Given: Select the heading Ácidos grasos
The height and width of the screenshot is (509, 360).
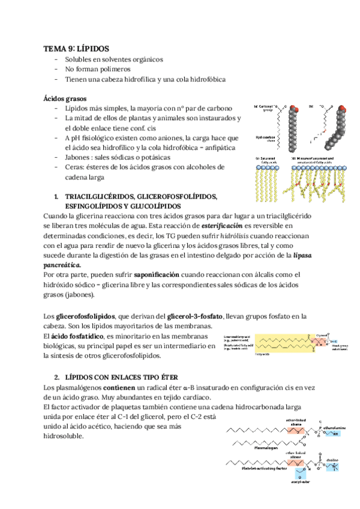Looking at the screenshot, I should tap(65, 98).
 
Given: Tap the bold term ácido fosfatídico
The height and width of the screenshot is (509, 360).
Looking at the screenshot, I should tap(79, 336).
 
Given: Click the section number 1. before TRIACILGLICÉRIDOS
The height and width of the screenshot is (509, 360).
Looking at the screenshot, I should tap(56, 196).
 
